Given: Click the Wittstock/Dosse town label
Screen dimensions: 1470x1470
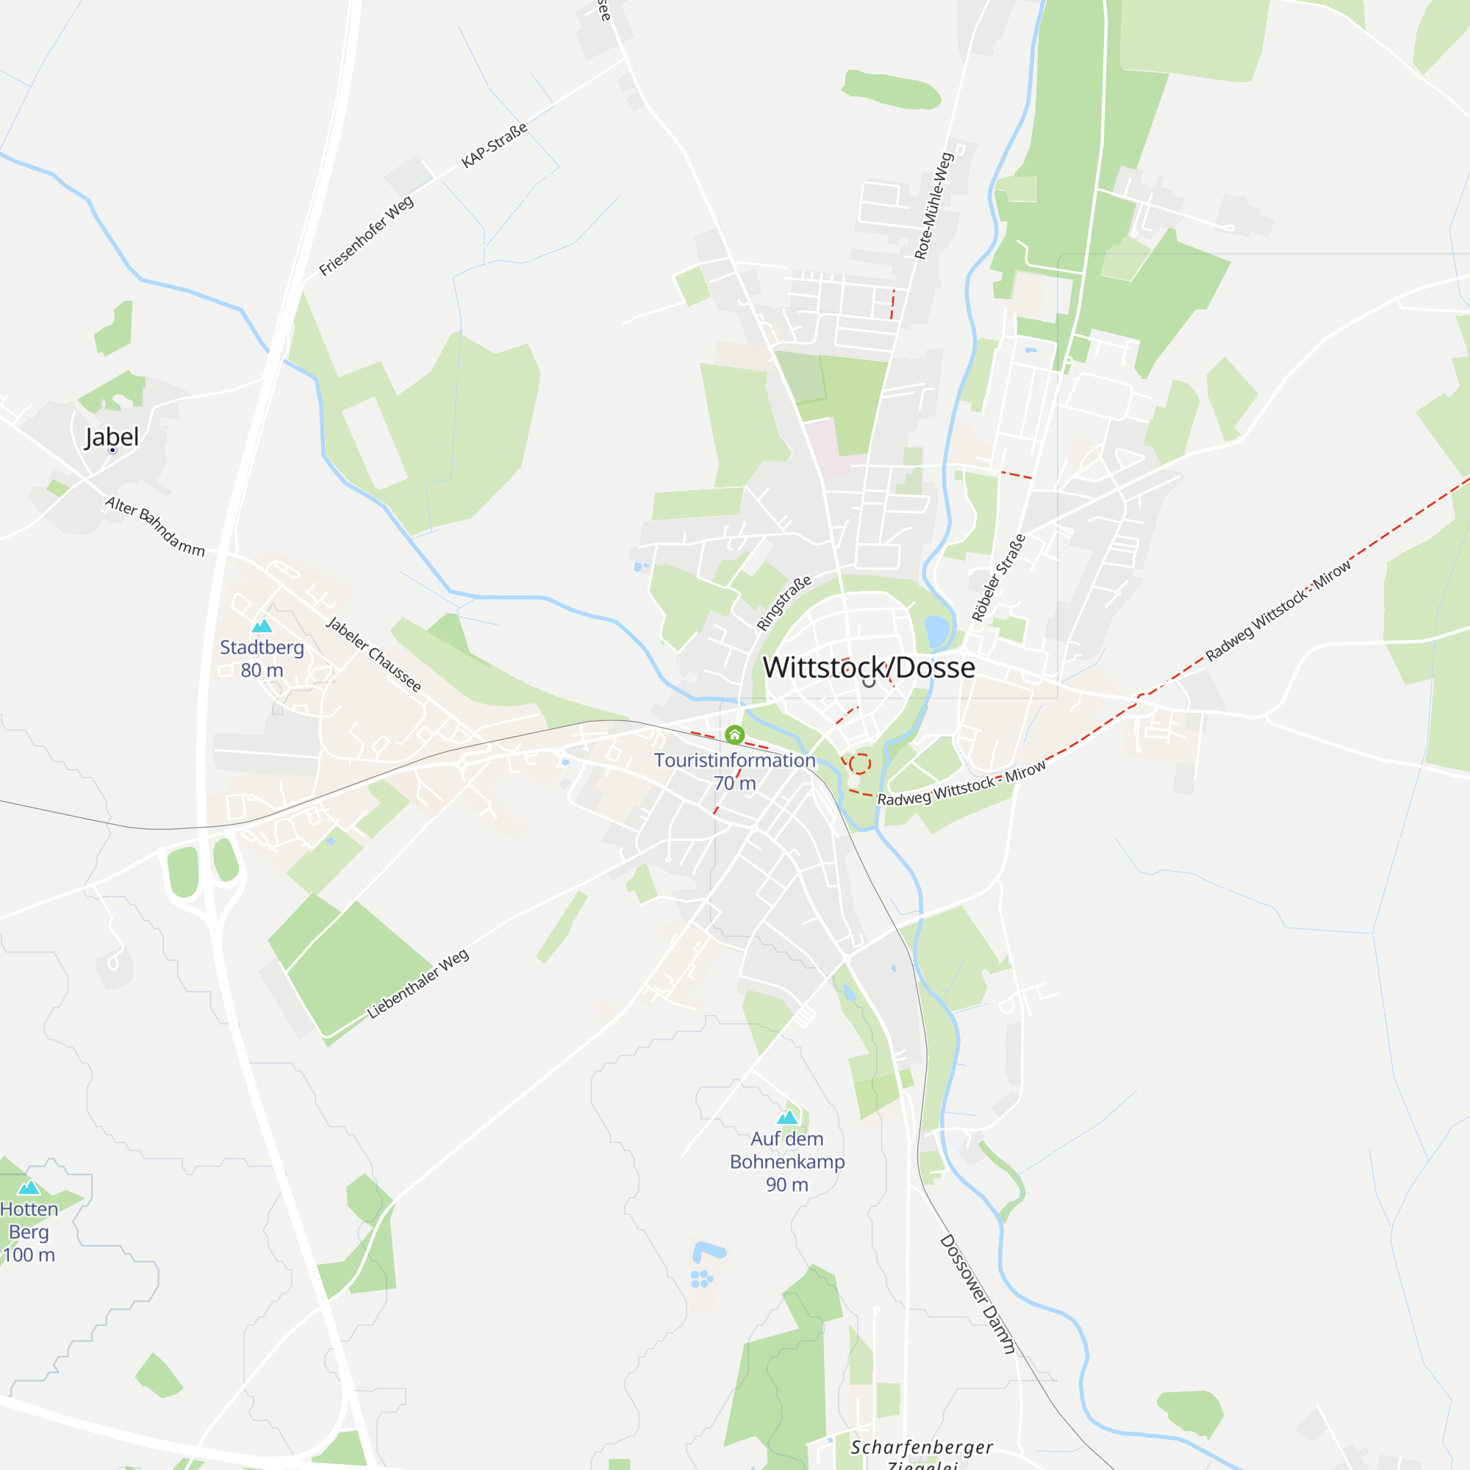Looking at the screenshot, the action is [x=868, y=667].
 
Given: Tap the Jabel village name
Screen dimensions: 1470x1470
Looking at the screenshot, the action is [x=112, y=437].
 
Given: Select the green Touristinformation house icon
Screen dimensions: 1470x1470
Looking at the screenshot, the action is [x=734, y=734].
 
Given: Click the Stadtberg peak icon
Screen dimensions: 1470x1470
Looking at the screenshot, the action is [x=262, y=626].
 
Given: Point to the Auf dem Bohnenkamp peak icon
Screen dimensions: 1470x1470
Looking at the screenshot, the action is [x=786, y=1118].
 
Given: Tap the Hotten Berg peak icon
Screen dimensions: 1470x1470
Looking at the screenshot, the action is [x=29, y=1188].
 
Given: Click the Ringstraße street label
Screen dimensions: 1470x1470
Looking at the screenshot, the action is [x=784, y=603].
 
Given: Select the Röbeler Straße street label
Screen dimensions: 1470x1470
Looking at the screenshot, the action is [x=998, y=578].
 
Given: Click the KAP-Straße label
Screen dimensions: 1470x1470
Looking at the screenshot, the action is [x=495, y=146].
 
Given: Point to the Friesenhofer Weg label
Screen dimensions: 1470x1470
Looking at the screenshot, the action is [x=366, y=236].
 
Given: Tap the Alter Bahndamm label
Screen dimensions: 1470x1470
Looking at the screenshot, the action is [x=155, y=526].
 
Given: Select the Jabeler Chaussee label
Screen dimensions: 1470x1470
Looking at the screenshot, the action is [x=373, y=654].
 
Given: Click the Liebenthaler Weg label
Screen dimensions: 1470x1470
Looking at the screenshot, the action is [x=417, y=984].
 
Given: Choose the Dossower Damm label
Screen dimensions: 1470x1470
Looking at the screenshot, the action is [x=977, y=1294].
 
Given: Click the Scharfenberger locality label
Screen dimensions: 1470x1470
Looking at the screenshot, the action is [x=922, y=1447].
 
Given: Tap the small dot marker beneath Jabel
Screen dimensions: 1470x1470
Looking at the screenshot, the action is [x=112, y=451].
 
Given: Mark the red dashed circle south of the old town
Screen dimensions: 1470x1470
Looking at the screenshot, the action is [x=860, y=763].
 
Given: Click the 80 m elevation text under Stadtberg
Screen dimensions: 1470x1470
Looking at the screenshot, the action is [x=262, y=670].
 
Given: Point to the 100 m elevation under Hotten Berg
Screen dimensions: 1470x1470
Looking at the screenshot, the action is [x=29, y=1255].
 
